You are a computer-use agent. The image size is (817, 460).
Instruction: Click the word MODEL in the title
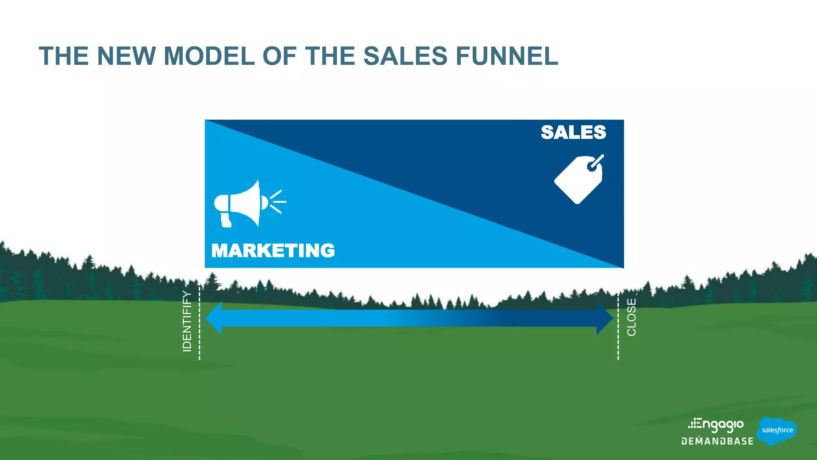tap(209, 56)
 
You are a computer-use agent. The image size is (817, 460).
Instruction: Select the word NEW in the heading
tap(126, 56)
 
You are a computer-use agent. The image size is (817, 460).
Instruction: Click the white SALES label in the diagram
tap(573, 132)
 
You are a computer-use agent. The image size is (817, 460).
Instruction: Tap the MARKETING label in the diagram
tap(273, 251)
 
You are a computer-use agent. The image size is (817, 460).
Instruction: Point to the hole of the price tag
tap(592, 166)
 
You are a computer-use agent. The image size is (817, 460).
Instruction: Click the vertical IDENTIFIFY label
tap(187, 321)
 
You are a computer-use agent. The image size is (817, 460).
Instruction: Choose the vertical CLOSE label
tap(631, 317)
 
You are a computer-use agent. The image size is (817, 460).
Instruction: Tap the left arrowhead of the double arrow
tap(213, 318)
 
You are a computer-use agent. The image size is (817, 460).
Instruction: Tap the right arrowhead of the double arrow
tap(604, 318)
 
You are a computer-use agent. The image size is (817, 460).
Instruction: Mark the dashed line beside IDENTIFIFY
tap(199, 323)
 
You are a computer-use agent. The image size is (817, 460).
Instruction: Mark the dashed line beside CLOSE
tap(618, 325)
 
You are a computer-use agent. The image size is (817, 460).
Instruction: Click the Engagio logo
tap(716, 425)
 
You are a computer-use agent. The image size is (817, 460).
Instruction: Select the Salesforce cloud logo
tap(777, 430)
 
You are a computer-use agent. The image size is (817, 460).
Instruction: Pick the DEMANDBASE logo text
tap(717, 441)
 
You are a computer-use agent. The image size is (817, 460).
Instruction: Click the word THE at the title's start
tap(64, 56)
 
